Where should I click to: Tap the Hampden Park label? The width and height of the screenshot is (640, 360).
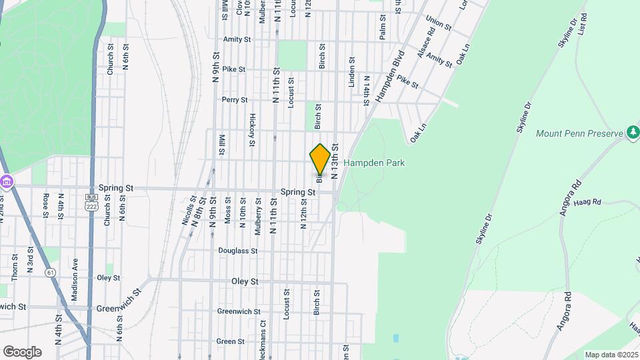(374, 163)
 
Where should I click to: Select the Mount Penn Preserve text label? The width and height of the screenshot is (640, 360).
(579, 133)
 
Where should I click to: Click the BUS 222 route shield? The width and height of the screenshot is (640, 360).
(92, 203)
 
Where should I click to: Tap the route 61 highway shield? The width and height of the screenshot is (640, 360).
(50, 272)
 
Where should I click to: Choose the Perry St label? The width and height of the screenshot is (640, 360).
(235, 100)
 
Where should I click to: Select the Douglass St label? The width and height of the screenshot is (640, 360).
(237, 251)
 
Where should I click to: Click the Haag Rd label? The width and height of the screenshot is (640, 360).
(588, 202)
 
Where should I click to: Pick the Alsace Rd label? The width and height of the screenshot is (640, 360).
(425, 46)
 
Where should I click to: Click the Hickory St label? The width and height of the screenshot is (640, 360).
(253, 130)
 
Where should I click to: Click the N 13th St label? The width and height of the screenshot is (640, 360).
(335, 161)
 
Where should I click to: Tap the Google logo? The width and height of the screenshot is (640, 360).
(22, 352)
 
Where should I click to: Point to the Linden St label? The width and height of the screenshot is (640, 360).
(351, 72)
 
